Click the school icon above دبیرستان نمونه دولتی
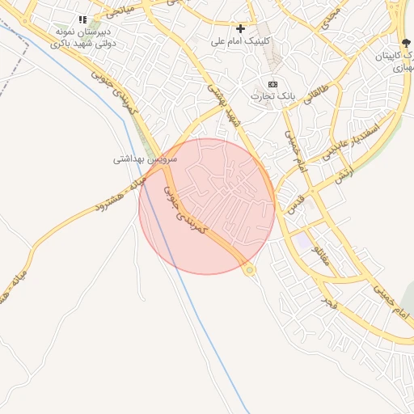[82, 19]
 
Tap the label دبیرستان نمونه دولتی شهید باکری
[82, 36]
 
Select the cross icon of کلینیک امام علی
[240, 28]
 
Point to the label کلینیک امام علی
[241, 40]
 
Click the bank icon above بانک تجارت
[272, 84]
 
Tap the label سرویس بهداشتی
[140, 159]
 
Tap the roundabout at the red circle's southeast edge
[250, 269]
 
